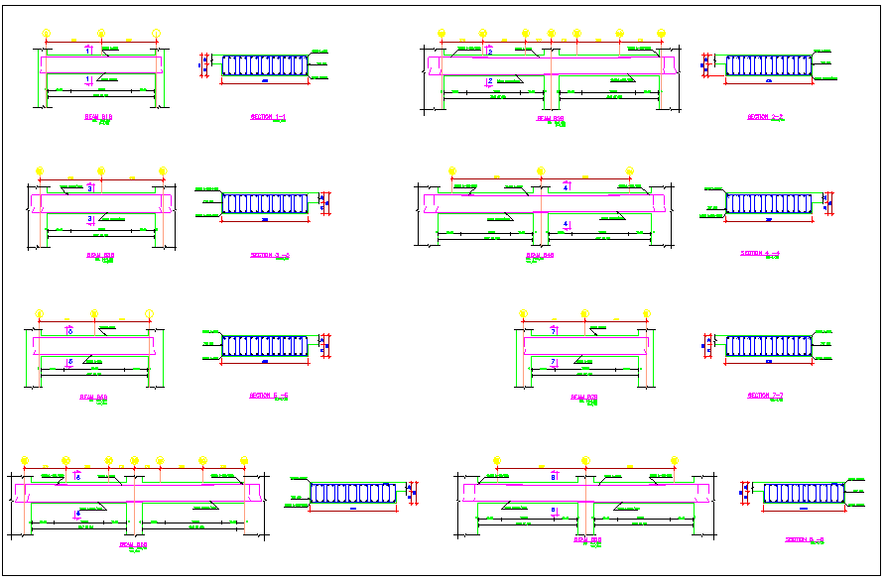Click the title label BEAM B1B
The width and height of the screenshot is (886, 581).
98,117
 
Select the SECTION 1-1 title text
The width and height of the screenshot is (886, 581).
268,117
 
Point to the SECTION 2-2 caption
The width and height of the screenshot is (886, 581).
766,117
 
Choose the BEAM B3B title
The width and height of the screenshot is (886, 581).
100,255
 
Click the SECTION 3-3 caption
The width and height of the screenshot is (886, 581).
270,255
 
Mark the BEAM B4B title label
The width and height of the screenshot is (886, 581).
540,255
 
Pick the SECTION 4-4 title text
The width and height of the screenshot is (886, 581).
761,253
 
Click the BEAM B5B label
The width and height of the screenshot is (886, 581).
94,397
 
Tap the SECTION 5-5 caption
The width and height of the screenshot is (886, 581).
268,395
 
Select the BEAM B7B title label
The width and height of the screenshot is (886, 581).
584,397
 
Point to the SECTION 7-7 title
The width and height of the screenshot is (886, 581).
766,395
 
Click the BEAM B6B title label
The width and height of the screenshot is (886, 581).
133,543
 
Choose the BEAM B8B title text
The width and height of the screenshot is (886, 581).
588,540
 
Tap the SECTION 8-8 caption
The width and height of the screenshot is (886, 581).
805,539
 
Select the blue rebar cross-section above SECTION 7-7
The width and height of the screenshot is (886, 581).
768,346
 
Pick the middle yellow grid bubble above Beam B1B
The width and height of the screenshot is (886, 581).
100,34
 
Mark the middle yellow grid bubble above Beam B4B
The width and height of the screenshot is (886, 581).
541,171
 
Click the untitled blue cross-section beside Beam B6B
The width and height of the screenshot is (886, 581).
354,493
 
